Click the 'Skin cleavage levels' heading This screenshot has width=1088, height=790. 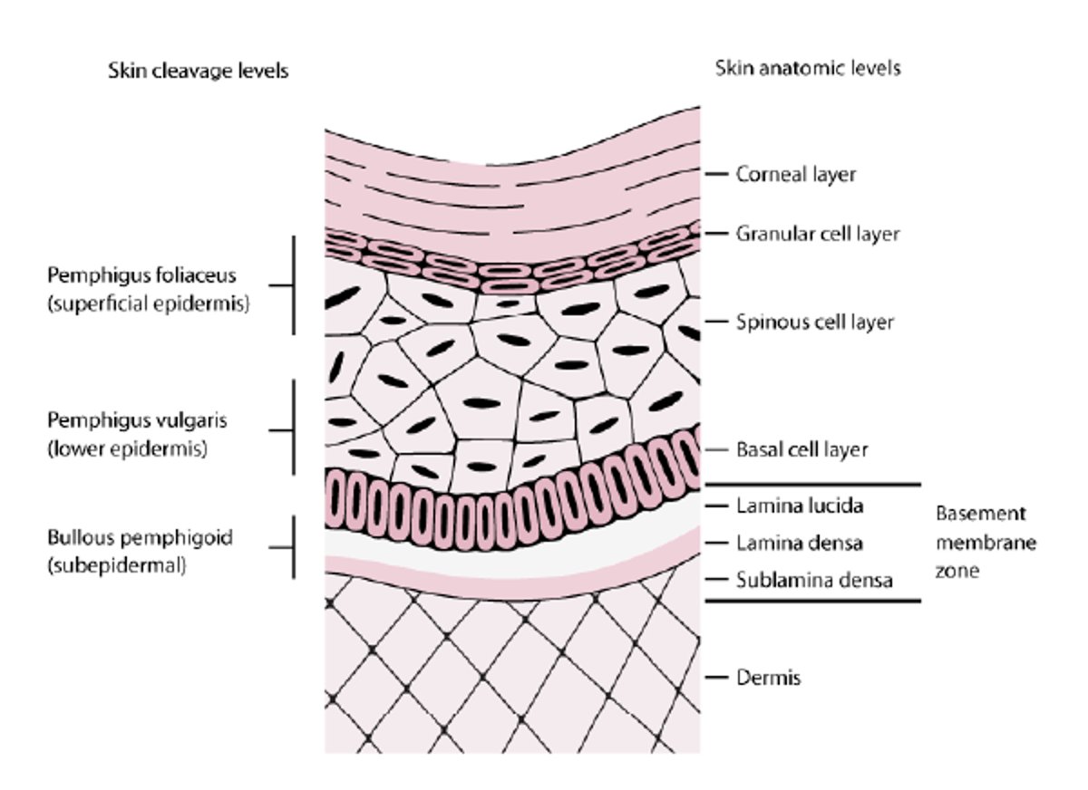tap(199, 70)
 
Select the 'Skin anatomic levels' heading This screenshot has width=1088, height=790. tap(808, 68)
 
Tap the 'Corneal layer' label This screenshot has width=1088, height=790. tap(796, 174)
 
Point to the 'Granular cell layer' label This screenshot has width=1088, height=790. tap(818, 234)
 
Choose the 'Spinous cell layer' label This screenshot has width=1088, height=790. tap(815, 322)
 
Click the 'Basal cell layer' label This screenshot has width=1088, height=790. tap(802, 449)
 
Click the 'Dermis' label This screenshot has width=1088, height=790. tap(769, 677)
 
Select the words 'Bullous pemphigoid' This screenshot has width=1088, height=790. tap(140, 537)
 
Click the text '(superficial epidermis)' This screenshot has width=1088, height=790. tap(148, 304)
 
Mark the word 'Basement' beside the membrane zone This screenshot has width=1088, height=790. tap(980, 514)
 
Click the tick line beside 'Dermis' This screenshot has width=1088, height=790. tap(717, 677)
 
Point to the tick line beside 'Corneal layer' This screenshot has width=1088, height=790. tap(717, 174)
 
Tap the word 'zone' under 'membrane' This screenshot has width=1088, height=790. tap(958, 572)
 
